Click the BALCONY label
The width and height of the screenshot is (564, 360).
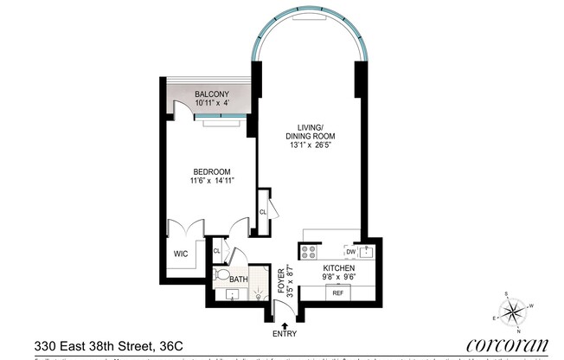pos(211,93)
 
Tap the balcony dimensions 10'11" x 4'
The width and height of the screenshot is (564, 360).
pos(211,104)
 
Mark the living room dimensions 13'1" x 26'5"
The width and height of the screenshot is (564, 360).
pos(310,146)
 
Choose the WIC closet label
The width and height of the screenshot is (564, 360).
pos(181,254)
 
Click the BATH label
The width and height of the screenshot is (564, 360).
pos(238,279)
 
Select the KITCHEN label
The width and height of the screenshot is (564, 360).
pos(338,268)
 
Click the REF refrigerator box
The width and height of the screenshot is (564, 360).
pos(337,293)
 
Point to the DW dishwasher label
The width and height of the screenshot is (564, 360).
pos(350,252)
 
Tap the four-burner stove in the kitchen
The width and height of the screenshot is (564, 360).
pos(310,252)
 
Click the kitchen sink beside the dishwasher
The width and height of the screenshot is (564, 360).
pos(367,252)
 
